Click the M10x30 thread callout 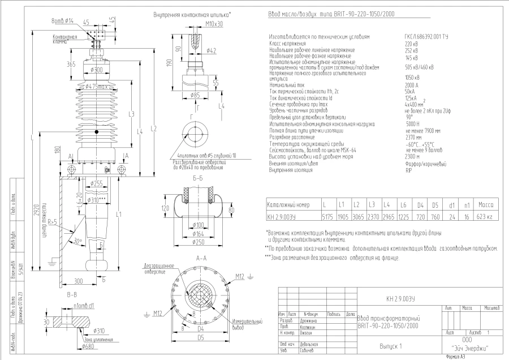point(197,24)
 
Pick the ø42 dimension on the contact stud point(210,51)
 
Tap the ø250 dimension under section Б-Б point(197,242)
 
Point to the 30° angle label point(77,241)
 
